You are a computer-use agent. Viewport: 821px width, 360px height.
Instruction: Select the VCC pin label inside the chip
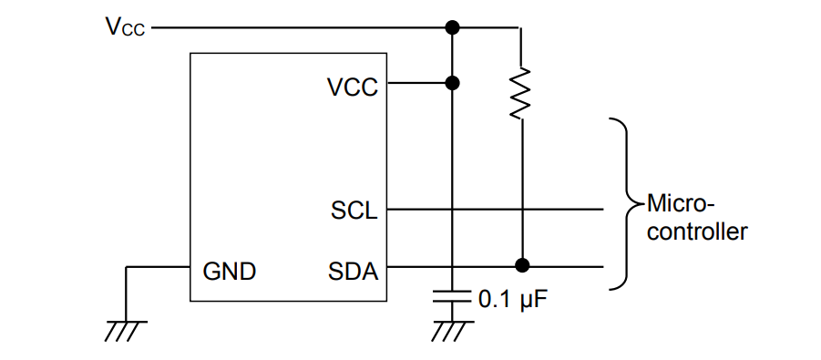[x=352, y=87]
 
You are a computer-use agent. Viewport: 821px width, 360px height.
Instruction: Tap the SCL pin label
[x=354, y=211]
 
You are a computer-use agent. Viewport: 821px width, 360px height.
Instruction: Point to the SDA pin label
[x=354, y=271]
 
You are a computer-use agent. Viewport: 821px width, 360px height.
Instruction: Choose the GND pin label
[x=229, y=271]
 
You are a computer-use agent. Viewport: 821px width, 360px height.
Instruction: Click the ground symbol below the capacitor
[x=452, y=331]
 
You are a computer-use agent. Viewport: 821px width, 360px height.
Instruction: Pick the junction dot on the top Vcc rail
[x=452, y=28]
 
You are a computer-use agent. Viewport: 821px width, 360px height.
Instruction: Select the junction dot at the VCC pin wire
[x=452, y=84]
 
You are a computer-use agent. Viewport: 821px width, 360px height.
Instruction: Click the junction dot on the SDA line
[x=520, y=266]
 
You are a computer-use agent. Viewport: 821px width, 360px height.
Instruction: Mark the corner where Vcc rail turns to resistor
[x=519, y=28]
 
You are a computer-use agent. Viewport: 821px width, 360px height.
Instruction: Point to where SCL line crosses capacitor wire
[x=452, y=210]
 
